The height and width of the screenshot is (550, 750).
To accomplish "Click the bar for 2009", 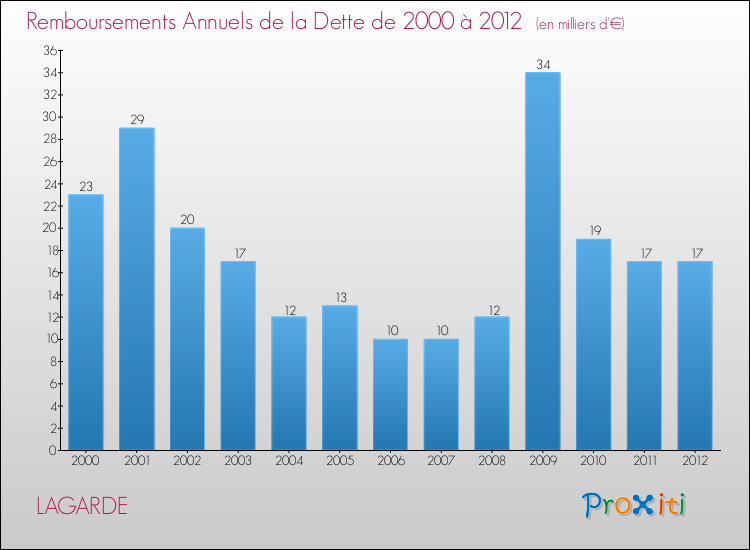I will [543, 261].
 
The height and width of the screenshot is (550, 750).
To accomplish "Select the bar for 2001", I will [137, 289].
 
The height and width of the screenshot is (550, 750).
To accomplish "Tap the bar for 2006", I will [390, 394].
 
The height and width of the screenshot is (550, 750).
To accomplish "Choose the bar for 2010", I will [593, 344].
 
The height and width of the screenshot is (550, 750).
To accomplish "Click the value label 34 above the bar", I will [543, 65].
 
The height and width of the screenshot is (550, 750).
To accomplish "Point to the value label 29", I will [137, 120].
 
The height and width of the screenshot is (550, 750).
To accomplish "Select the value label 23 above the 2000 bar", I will [86, 186].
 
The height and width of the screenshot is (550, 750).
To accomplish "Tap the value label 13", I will [339, 297].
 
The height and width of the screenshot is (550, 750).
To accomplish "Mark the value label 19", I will [593, 231].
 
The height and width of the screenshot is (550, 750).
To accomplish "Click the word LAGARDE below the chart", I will [82, 506].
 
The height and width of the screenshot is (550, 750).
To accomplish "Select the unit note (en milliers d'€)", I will [580, 23].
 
